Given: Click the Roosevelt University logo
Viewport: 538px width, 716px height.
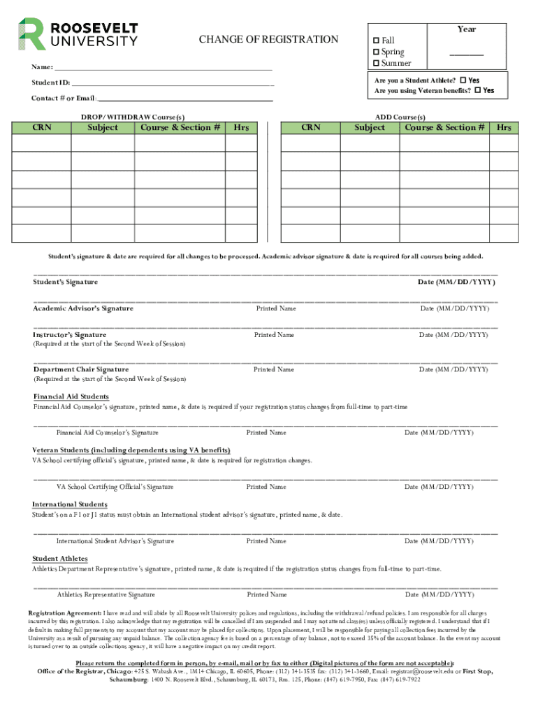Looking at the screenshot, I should (x=78, y=34).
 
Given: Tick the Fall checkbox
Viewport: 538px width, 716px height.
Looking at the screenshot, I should (x=376, y=41).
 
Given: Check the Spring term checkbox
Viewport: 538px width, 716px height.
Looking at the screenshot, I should (x=376, y=52).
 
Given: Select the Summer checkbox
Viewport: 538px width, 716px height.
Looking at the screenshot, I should (x=376, y=64).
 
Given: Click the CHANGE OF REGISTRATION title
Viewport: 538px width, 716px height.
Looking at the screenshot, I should (x=268, y=39).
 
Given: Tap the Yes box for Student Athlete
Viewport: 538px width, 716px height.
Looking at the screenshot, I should (x=463, y=80).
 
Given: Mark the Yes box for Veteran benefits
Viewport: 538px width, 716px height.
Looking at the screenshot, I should (x=477, y=90).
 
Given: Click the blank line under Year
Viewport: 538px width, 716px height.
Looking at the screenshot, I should (x=466, y=55).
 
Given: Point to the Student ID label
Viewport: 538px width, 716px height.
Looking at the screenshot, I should (x=50, y=83).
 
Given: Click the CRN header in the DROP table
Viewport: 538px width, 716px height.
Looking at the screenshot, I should (x=42, y=127).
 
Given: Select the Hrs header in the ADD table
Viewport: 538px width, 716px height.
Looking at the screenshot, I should (x=504, y=127).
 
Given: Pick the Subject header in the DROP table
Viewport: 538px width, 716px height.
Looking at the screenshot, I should (x=103, y=127).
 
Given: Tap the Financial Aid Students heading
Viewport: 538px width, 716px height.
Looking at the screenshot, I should (x=71, y=396).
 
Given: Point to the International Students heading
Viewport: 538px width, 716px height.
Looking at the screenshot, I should (x=70, y=504).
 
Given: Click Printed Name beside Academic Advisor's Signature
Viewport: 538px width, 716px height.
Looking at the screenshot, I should (x=276, y=308).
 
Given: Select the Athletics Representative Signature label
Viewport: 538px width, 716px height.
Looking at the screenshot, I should (x=106, y=594).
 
